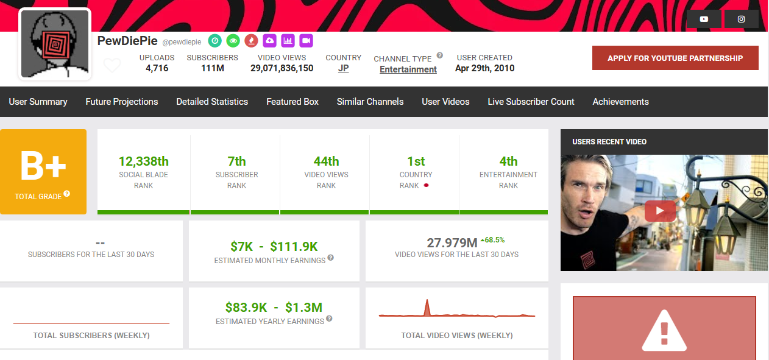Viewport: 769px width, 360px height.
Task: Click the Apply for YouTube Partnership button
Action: click(675, 58)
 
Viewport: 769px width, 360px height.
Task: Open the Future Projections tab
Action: click(122, 102)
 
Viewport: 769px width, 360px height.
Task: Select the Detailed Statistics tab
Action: click(212, 102)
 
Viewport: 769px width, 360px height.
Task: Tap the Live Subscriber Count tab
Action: click(531, 102)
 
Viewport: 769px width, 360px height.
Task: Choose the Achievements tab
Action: click(620, 102)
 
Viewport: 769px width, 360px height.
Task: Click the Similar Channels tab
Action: click(370, 102)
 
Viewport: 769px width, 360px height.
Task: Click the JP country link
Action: click(344, 68)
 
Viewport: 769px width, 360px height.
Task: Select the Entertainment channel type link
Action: click(408, 69)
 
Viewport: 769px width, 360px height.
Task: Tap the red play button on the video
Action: click(660, 211)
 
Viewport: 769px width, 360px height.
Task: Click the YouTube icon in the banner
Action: click(704, 19)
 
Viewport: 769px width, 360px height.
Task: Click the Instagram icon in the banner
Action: click(741, 19)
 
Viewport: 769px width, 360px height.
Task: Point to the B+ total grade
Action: click(43, 166)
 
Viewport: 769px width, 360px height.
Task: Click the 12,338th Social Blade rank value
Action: click(144, 161)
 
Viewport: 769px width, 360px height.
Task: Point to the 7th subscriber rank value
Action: click(236, 161)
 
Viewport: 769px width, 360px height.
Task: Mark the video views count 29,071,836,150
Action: click(282, 68)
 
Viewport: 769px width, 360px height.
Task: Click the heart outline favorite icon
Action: click(112, 65)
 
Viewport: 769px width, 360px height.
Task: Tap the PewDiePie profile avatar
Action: click(55, 44)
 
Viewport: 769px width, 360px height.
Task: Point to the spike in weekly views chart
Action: click(427, 306)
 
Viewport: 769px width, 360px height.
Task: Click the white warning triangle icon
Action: click(664, 332)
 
